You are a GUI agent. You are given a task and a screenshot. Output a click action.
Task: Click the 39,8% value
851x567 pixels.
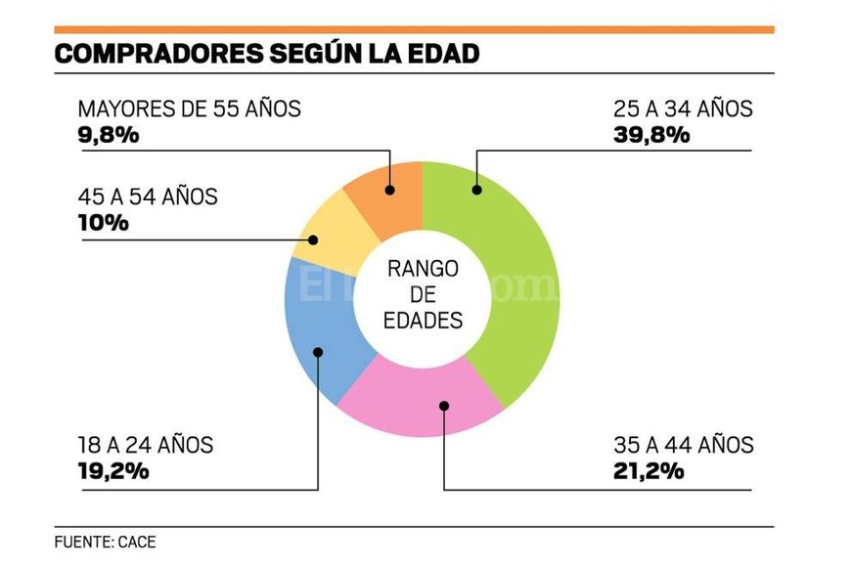tap(651, 135)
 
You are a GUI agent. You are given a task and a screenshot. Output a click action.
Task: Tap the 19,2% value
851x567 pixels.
tap(113, 471)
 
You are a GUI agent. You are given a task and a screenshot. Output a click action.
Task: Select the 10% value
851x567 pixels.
tap(103, 223)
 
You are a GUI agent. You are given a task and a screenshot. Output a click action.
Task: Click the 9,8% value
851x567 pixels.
tap(108, 135)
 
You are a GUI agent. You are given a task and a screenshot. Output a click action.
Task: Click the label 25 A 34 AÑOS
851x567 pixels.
tap(683, 109)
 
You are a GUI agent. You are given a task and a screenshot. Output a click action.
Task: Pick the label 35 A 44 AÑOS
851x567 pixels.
tap(683, 446)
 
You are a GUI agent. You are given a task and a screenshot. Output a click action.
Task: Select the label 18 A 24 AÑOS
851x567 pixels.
tap(146, 446)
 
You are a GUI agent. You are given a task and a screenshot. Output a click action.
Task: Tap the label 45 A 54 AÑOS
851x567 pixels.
tap(148, 196)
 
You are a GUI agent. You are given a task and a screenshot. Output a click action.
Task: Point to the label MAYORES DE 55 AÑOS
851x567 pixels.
tap(190, 109)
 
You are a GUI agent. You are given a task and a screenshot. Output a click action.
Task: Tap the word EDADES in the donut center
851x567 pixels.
tap(423, 320)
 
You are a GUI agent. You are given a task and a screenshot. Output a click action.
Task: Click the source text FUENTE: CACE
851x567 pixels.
tap(105, 542)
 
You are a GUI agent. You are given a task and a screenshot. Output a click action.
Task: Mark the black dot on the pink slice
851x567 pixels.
tap(443, 405)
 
